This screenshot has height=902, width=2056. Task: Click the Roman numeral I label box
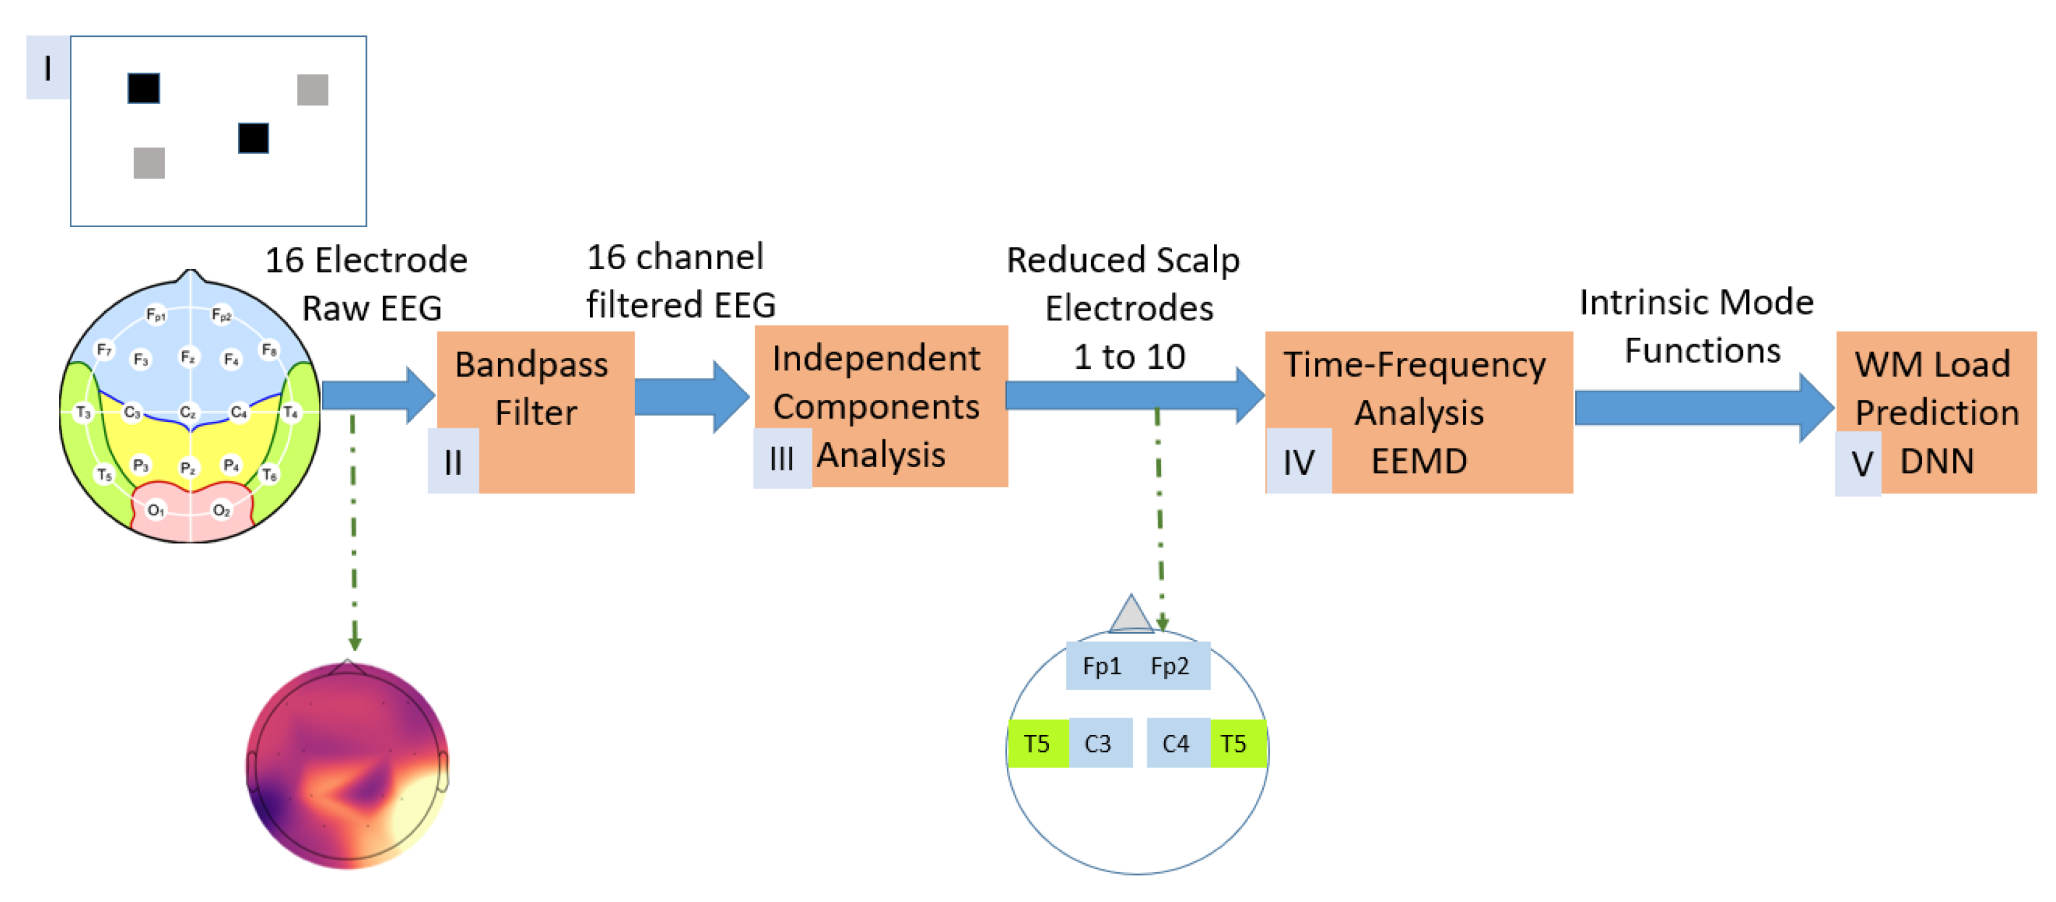coord(47,68)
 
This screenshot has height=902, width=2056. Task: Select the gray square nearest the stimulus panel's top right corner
coord(312,89)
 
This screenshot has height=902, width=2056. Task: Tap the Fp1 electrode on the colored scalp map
coord(156,314)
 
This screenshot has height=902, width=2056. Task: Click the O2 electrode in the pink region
coord(221,510)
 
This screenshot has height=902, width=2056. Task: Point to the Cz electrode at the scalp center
coord(188,412)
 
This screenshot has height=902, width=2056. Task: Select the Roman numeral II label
coord(453,461)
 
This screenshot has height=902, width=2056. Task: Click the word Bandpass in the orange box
coord(532,365)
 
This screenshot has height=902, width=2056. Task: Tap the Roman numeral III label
coord(781,459)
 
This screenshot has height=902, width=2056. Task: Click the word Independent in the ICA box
coord(876,358)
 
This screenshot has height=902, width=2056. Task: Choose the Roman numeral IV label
coord(1299,462)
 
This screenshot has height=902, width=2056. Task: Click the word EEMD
coord(1419,461)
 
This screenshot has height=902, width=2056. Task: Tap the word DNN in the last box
coord(1937,461)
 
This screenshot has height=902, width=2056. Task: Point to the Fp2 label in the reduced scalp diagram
coord(1169,666)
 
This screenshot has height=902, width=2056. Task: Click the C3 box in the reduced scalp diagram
coord(1098,743)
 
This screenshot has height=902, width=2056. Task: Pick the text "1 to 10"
coord(1129,356)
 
